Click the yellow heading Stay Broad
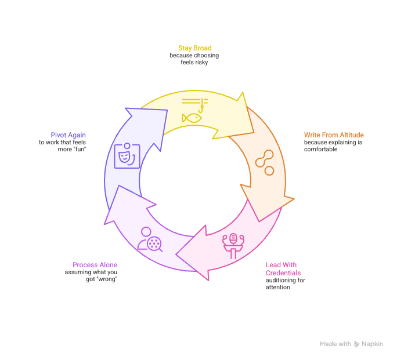pyautogui.click(x=194, y=48)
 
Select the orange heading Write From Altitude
pyautogui.click(x=334, y=135)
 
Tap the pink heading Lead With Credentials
pyautogui.click(x=283, y=269)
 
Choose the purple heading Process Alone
pyautogui.click(x=95, y=265)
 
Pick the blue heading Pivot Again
pyautogui.click(x=68, y=135)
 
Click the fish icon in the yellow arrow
pyautogui.click(x=192, y=118)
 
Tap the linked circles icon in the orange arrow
pyautogui.click(x=265, y=162)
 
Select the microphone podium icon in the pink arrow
pyautogui.click(x=233, y=246)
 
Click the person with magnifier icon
pyautogui.click(x=150, y=239)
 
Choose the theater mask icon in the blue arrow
pyautogui.click(x=127, y=156)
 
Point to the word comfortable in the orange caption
pyautogui.click(x=320, y=150)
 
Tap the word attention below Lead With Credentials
pyautogui.click(x=278, y=288)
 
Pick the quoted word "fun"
pyautogui.click(x=80, y=150)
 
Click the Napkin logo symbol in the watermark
pyautogui.click(x=356, y=344)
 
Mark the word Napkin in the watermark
pyautogui.click(x=372, y=344)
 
